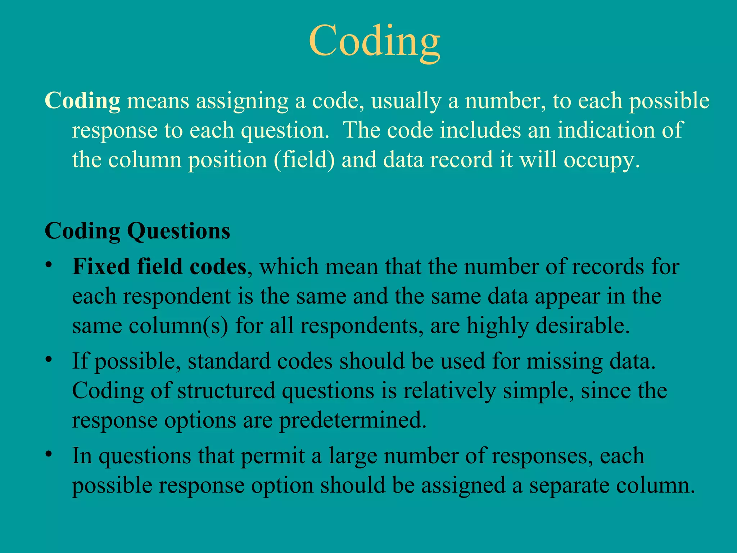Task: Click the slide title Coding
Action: pyautogui.click(x=374, y=41)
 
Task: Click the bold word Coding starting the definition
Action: pyautogui.click(x=82, y=100)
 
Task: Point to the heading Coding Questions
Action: pyautogui.click(x=137, y=231)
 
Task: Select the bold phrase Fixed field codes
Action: pyautogui.click(x=159, y=267)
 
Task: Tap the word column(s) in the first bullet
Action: pyautogui.click(x=178, y=326)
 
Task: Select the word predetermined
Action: pyautogui.click(x=353, y=420)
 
